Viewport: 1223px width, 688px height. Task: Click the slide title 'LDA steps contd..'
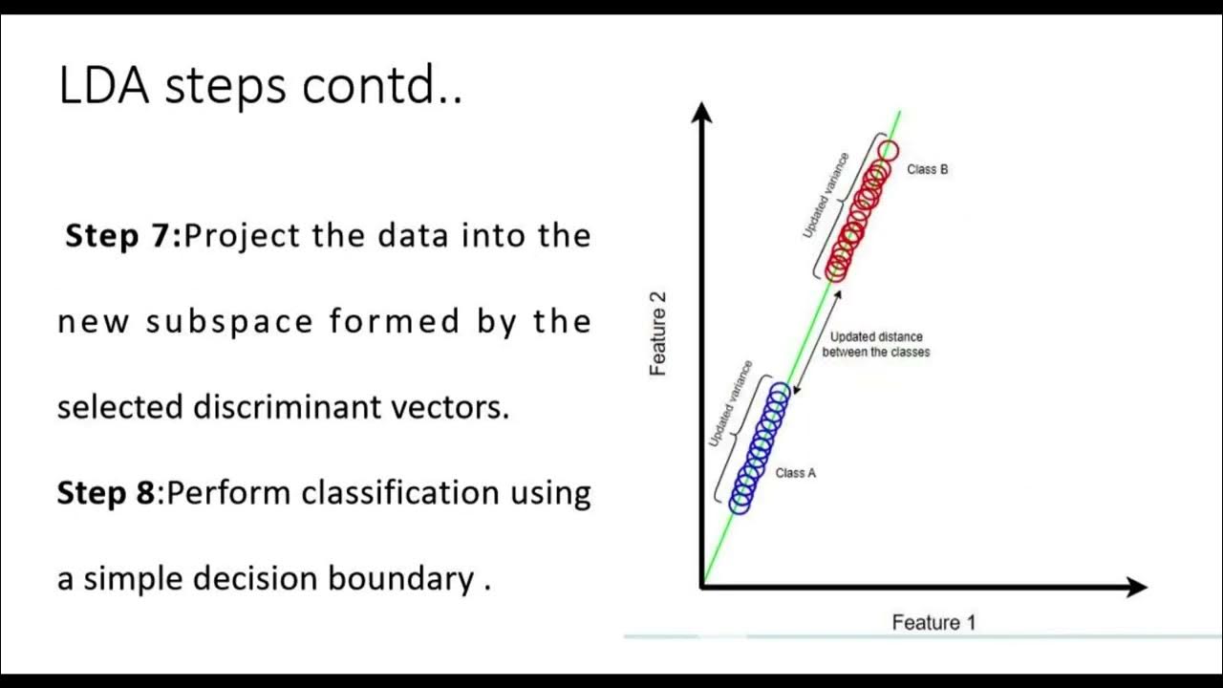click(260, 86)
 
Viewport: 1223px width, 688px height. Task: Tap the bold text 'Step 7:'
click(122, 236)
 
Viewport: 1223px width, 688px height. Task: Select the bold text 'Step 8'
click(105, 493)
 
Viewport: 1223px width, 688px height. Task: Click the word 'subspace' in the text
click(229, 322)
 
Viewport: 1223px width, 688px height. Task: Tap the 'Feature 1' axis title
click(933, 623)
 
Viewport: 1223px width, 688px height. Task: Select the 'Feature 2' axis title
click(658, 333)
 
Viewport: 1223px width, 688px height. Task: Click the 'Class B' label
click(927, 170)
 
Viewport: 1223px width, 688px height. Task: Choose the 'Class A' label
click(795, 473)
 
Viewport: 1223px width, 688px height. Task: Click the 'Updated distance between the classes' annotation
click(875, 344)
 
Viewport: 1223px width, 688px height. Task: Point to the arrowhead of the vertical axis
click(702, 113)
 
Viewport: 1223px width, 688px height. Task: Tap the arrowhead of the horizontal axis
click(1136, 587)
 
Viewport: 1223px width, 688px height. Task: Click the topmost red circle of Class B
click(889, 150)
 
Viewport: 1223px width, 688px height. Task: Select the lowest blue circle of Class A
click(740, 504)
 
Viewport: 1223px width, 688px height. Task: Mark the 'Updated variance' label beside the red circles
click(825, 196)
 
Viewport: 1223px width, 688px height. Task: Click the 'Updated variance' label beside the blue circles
click(731, 404)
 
